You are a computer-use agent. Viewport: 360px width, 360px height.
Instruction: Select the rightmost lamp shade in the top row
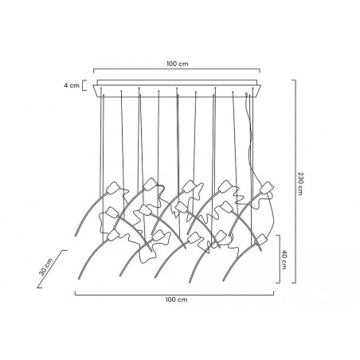pos(267,190)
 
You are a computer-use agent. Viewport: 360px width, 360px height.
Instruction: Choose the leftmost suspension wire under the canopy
pos(103,143)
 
